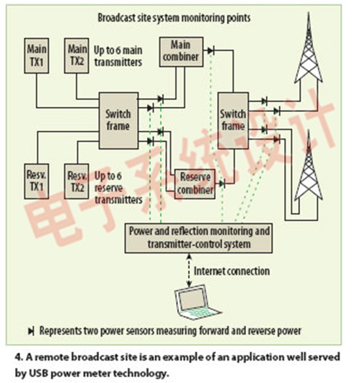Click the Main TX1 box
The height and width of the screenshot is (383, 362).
(x=37, y=56)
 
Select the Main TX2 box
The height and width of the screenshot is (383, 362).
(x=76, y=56)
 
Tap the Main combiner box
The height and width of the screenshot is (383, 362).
(x=181, y=52)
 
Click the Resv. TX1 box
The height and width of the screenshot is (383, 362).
(x=37, y=181)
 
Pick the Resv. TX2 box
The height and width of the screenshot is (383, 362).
(x=76, y=181)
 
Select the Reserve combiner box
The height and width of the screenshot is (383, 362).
(x=195, y=184)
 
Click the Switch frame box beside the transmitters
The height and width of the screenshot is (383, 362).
(x=119, y=121)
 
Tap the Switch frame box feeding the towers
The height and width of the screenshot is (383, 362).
(x=233, y=121)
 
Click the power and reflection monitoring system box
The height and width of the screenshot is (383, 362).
(x=199, y=238)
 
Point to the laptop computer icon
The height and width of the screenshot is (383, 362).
(x=196, y=302)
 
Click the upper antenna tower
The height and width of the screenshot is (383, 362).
(x=309, y=49)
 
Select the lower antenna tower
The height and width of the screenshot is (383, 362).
(x=309, y=166)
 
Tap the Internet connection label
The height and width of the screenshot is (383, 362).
(x=231, y=271)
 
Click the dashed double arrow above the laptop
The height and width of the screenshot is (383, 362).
(x=189, y=270)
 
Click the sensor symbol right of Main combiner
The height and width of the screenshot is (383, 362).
(x=211, y=51)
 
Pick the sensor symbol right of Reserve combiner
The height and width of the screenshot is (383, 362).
(x=222, y=184)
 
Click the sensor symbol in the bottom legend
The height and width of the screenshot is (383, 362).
(x=31, y=331)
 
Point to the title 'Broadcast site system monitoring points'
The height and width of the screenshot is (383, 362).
(x=174, y=18)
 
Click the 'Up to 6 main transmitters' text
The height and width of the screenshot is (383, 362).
(x=118, y=56)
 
